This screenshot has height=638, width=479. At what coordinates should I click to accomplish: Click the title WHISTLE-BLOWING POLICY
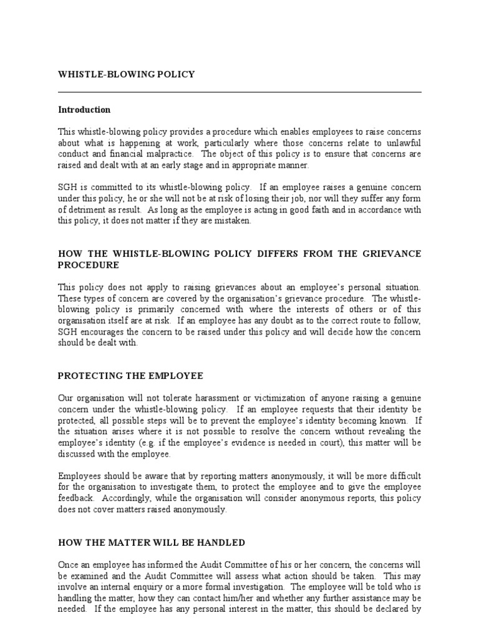(126, 75)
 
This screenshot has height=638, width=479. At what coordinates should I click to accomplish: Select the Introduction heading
(84, 110)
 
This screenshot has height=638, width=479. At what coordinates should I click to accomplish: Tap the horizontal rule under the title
(239, 92)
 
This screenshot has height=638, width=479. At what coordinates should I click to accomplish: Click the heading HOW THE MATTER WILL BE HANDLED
(152, 542)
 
